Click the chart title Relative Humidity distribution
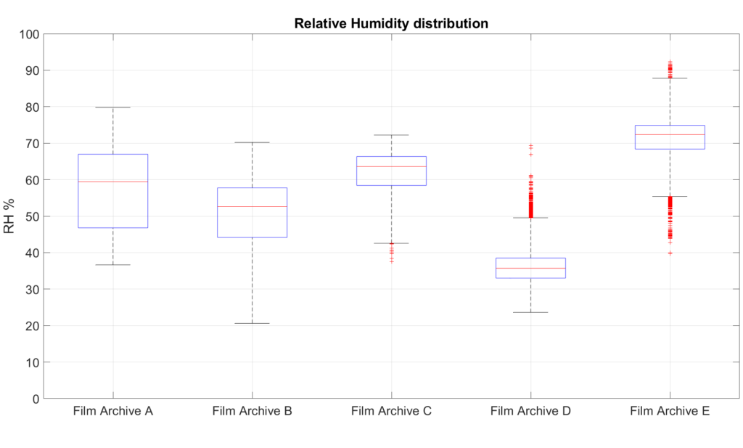click(391, 23)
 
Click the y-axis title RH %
click(10, 216)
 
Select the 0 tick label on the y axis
click(36, 399)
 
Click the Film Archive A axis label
click(113, 412)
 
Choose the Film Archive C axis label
click(391, 412)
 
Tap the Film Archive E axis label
click(670, 412)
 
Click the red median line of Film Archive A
click(113, 182)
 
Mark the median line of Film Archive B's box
click(252, 207)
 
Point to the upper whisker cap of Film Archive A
click(113, 107)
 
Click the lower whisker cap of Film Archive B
click(252, 323)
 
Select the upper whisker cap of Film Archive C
click(391, 135)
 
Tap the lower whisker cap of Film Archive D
click(530, 312)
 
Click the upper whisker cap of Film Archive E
click(670, 78)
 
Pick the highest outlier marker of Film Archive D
click(530, 146)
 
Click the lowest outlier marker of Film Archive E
click(670, 253)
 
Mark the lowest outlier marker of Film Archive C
click(391, 261)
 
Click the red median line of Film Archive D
click(530, 268)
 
